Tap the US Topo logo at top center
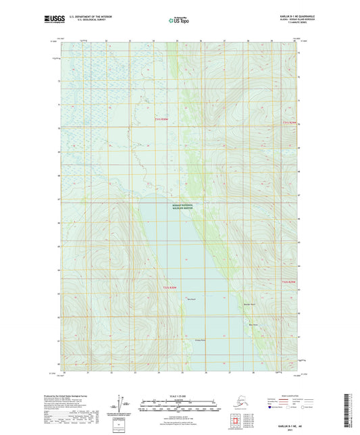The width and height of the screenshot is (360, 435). [179, 21]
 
